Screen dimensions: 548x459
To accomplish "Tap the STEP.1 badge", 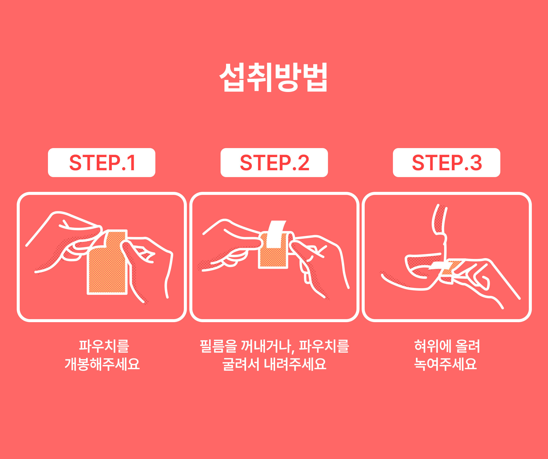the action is click(x=102, y=163).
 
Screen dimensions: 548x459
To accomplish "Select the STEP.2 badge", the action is click(x=274, y=163).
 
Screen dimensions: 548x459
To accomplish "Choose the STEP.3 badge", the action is click(x=447, y=163).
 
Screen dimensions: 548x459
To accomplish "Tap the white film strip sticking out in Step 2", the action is click(x=276, y=234).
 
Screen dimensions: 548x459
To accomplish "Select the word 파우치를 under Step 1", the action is click(x=104, y=346).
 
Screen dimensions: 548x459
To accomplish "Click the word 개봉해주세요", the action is click(x=102, y=364).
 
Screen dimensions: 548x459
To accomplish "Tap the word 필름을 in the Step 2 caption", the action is click(x=218, y=346).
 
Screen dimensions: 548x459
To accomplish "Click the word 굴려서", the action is click(x=241, y=364).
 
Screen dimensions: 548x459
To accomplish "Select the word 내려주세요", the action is click(x=295, y=364).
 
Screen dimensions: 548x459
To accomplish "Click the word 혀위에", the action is click(x=433, y=346).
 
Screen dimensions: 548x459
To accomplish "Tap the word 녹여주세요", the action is click(x=446, y=364).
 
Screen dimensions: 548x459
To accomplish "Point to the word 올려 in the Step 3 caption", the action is click(x=468, y=346).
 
